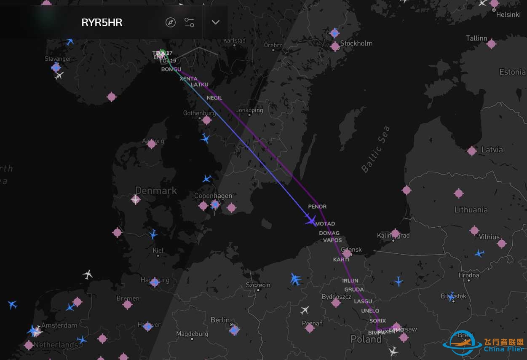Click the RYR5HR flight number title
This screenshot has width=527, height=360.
coord(102,22)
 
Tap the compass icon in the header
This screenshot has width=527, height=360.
coord(171,22)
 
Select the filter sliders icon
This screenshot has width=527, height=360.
coord(190,22)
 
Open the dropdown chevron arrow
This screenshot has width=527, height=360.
coord(216,22)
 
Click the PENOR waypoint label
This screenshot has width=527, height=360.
coord(317,207)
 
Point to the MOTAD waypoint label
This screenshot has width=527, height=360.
coord(325,224)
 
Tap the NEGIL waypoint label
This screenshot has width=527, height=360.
coord(214,98)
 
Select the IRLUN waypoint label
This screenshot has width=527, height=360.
coord(350,281)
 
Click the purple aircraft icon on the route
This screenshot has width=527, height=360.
coord(311,220)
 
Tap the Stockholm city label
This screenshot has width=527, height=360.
coord(356,43)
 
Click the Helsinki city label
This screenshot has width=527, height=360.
coord(508,14)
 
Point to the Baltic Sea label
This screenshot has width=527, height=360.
coord(375,149)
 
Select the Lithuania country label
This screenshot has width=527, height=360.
coord(471,210)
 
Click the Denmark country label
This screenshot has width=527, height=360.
coord(156,191)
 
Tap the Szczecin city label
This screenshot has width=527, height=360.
coord(258,285)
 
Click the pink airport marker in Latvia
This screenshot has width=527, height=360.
coord(472,150)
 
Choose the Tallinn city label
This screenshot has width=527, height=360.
coord(476,38)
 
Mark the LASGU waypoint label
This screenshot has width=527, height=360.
coord(363,301)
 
